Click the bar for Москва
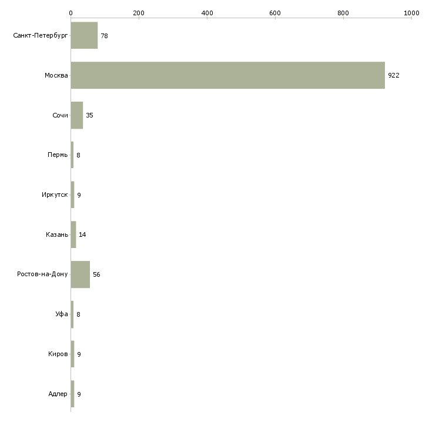click(228, 75)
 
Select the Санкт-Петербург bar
click(84, 35)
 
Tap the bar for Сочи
click(77, 115)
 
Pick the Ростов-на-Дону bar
click(81, 274)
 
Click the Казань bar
click(73, 234)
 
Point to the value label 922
click(394, 75)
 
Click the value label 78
click(104, 36)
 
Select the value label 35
click(89, 115)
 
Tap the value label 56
click(96, 274)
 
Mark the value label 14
click(82, 234)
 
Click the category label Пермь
click(58, 155)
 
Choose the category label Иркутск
click(55, 195)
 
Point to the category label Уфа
click(62, 314)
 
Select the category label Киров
click(58, 354)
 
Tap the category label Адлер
click(58, 394)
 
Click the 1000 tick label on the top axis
click(411, 13)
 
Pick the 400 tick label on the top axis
click(207, 13)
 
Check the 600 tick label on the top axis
click(275, 13)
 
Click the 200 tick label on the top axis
click(139, 13)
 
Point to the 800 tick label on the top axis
click(343, 13)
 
